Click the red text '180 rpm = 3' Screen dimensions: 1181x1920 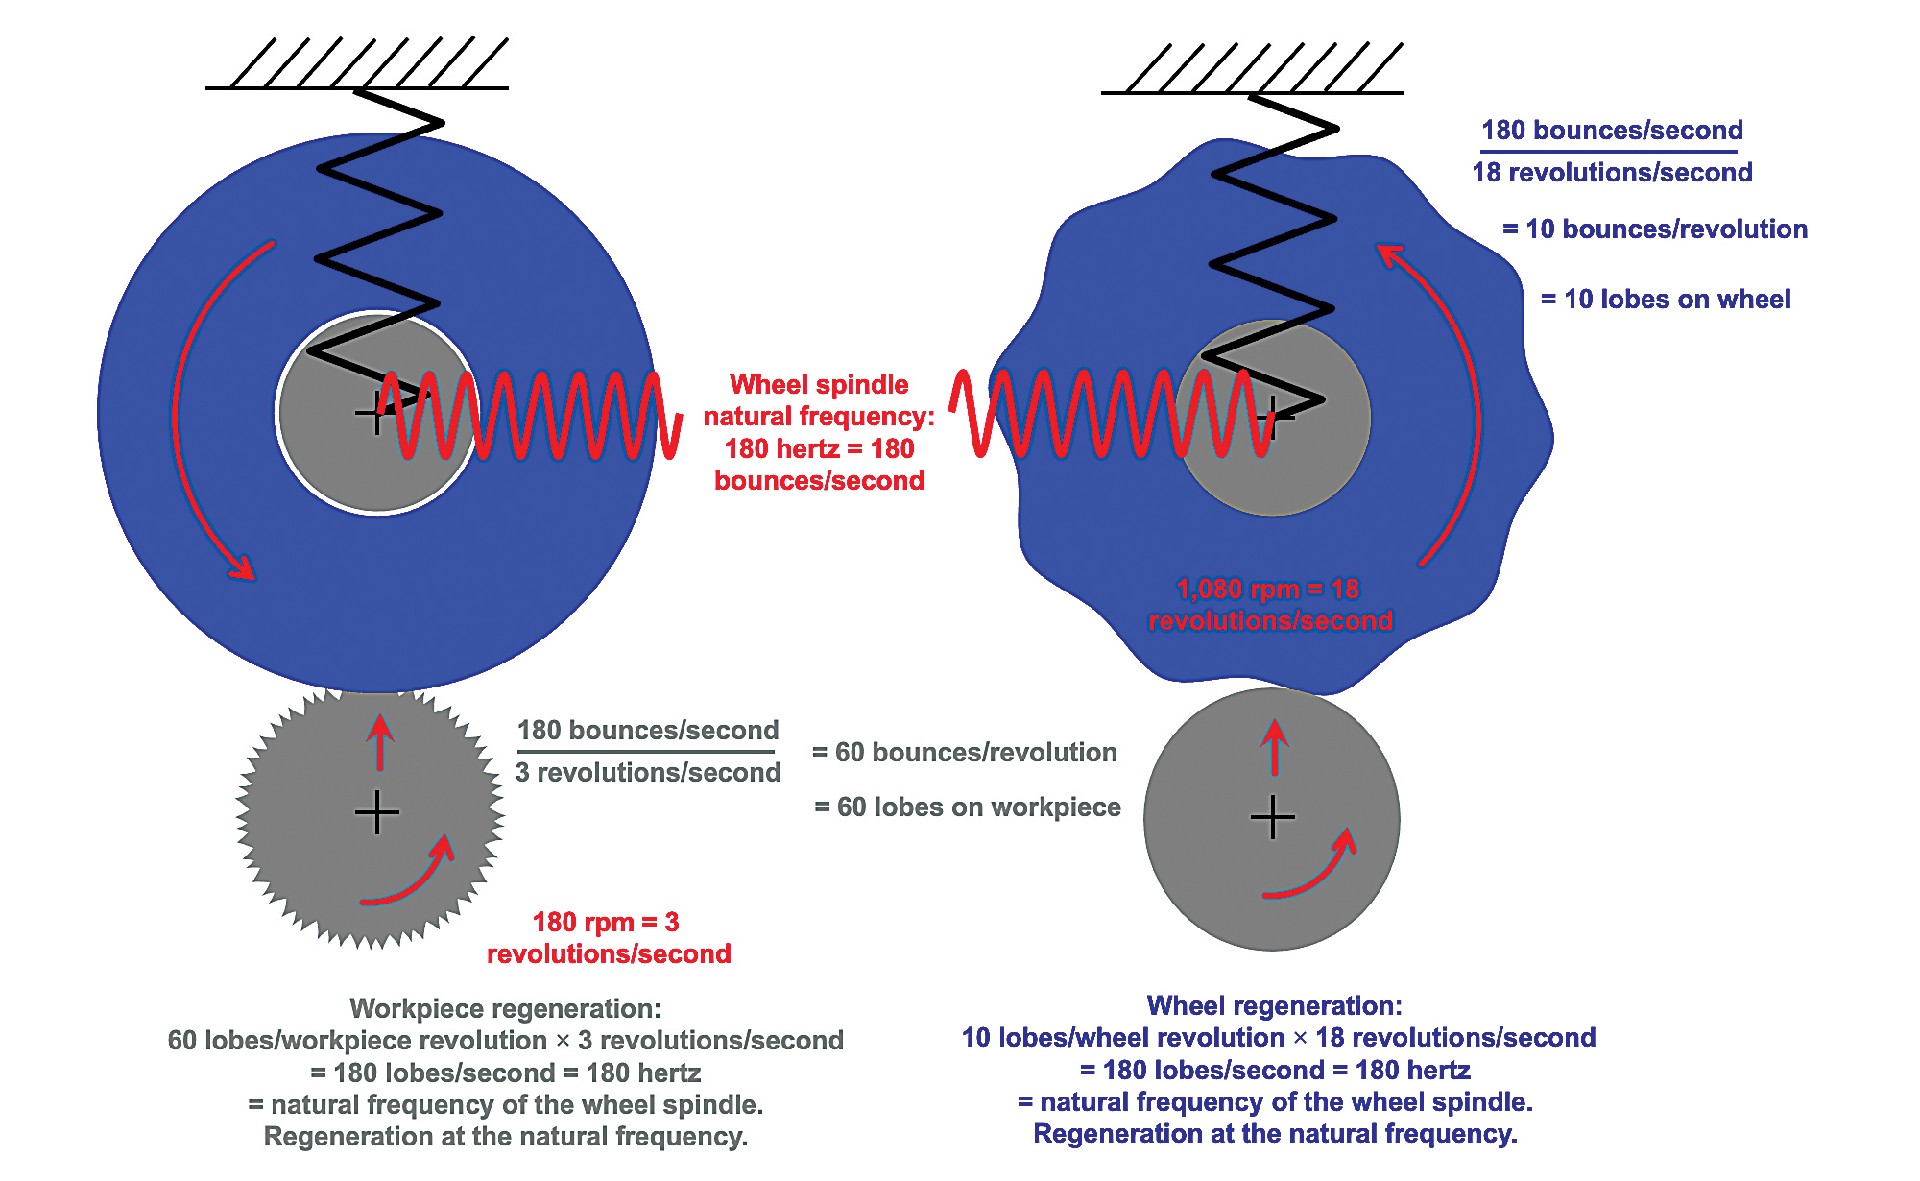point(606,923)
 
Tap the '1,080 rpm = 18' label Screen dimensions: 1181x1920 point(1268,589)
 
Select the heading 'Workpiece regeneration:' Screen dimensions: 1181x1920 point(505,1008)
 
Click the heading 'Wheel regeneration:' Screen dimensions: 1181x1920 point(1274,1005)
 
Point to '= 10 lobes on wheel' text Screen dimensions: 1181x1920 point(1666,300)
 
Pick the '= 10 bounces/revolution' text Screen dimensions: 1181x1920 point(1655,229)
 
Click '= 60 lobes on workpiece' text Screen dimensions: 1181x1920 point(967,807)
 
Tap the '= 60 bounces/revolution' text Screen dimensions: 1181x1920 point(965,753)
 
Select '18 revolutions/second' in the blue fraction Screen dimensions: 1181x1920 point(1612,173)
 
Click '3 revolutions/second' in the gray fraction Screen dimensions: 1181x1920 point(648,773)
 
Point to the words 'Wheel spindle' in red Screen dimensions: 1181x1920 point(819,385)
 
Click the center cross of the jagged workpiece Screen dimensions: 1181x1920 point(377,813)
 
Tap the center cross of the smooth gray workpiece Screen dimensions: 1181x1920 point(1273,818)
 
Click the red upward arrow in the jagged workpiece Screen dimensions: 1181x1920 point(380,741)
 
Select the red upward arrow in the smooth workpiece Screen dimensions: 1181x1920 point(1275,746)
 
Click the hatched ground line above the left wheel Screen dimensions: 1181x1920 point(357,87)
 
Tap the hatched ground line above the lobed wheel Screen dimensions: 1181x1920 point(1252,92)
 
